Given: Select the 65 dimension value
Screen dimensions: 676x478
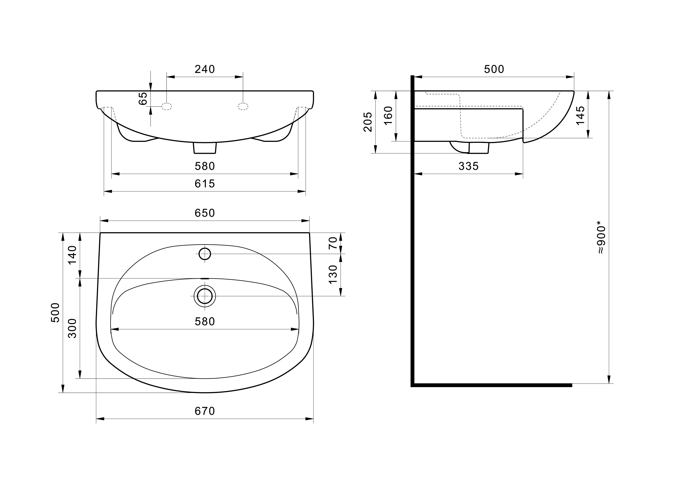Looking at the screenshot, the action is pyautogui.click(x=143, y=98).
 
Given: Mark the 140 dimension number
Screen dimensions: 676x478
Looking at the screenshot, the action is pyautogui.click(x=72, y=255).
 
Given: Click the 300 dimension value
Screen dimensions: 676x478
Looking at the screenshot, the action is pyautogui.click(x=72, y=328).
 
